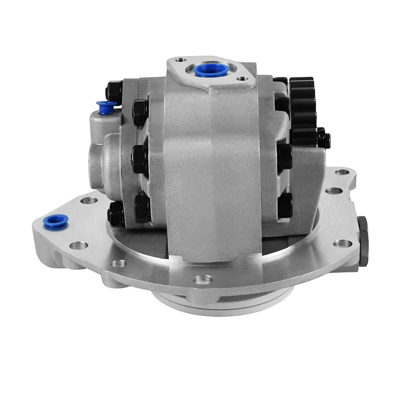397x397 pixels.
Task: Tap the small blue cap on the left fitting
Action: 106,106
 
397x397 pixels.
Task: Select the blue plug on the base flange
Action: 55,221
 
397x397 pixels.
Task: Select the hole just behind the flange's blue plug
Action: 89,201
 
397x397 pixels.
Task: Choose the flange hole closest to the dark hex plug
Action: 342,243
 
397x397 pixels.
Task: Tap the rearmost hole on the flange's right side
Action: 342,173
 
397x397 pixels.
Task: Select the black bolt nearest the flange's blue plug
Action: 116,215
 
